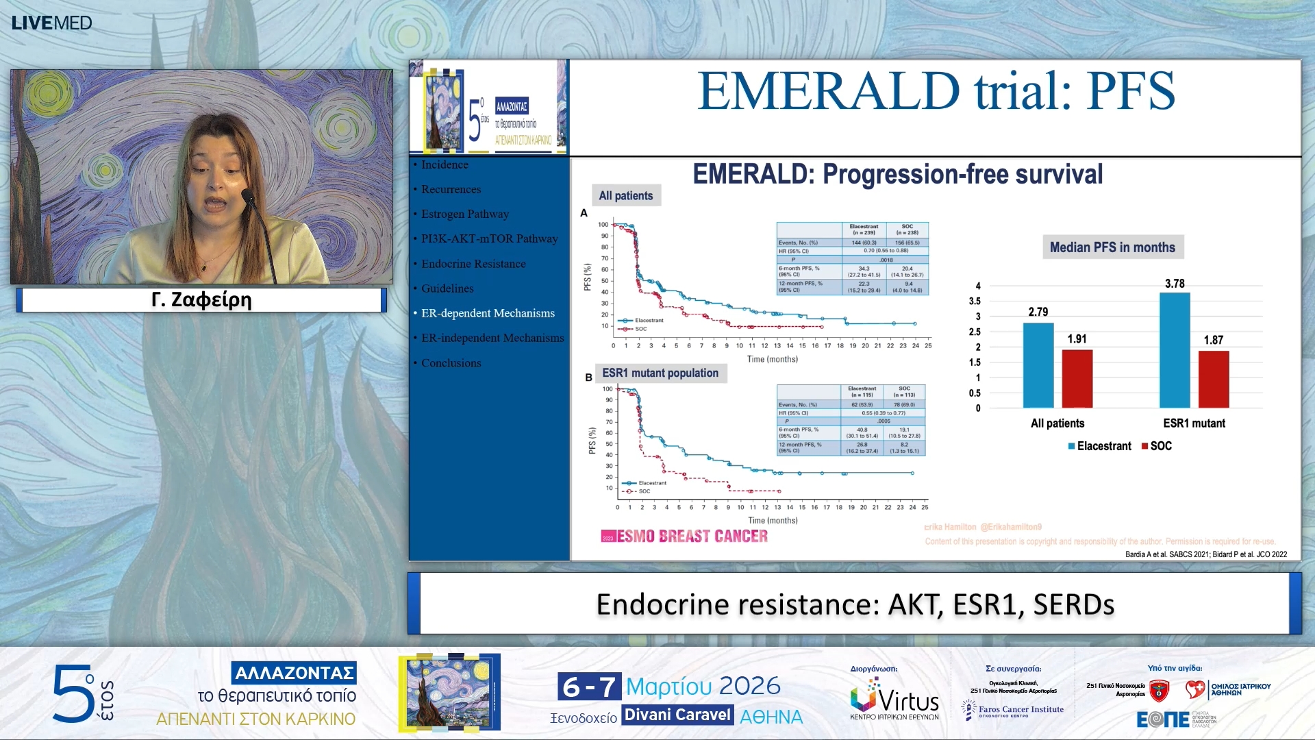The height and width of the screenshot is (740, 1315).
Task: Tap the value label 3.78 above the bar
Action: click(x=1175, y=284)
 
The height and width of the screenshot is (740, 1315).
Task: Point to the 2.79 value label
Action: click(x=1038, y=312)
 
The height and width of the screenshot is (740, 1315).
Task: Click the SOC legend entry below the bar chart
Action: click(x=1157, y=446)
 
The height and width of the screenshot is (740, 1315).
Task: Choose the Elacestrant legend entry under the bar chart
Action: click(x=1099, y=446)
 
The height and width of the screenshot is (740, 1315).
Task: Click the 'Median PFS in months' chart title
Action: click(x=1112, y=247)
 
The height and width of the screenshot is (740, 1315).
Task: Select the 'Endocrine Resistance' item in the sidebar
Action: click(x=473, y=264)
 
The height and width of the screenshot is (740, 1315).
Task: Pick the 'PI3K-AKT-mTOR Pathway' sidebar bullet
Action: click(x=489, y=238)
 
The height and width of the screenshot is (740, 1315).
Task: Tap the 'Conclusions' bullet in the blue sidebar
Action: click(x=451, y=363)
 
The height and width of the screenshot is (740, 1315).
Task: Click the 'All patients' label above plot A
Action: click(x=625, y=196)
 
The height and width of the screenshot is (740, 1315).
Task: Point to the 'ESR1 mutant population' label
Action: click(x=660, y=373)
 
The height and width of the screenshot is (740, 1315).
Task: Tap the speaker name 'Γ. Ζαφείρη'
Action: click(x=201, y=300)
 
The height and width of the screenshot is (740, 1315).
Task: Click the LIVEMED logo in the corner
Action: click(x=51, y=23)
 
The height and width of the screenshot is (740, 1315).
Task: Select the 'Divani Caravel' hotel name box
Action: click(x=677, y=715)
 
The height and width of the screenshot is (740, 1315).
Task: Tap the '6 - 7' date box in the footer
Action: click(x=589, y=686)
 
